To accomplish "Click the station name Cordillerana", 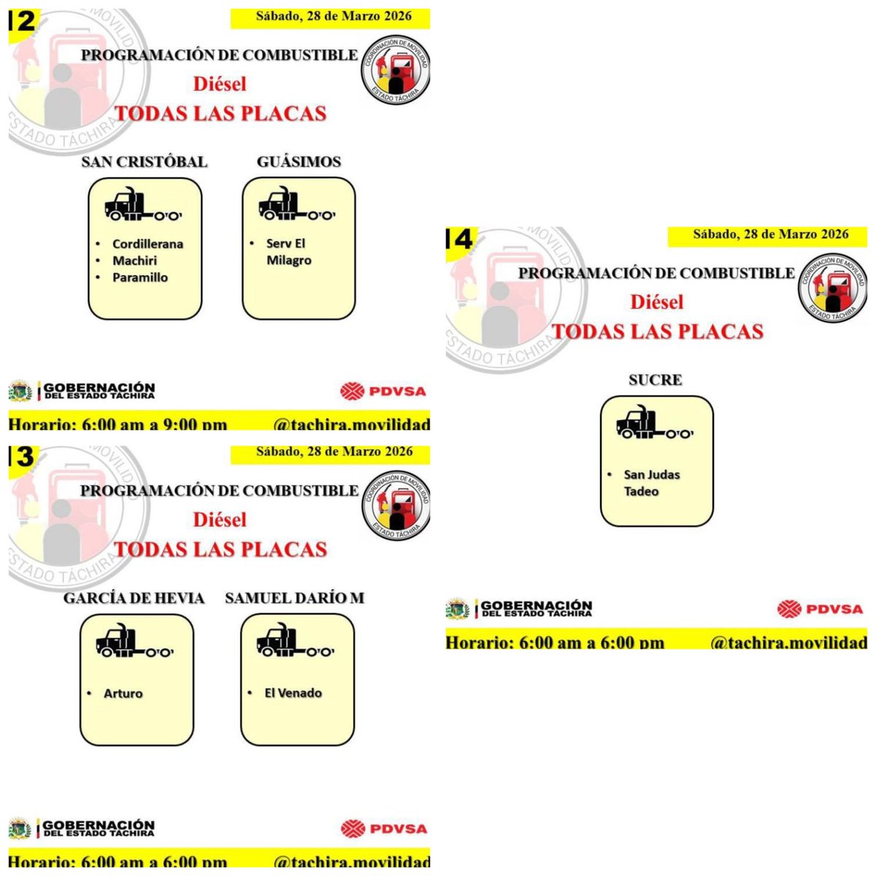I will coord(147,244).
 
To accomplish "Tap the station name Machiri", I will coord(134,261).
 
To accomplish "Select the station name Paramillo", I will coord(140,277).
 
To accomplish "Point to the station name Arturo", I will coord(123,693).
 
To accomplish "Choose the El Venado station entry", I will coord(293,693).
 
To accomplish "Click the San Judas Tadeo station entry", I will coord(651,483).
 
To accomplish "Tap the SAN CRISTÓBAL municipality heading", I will coord(145,161).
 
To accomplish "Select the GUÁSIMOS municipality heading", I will coord(299,161).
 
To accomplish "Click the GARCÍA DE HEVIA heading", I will coord(134,598).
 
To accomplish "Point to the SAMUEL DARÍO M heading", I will coord(295,598).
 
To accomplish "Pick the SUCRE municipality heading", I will coord(656,380).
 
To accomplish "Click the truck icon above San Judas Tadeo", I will coord(655,423).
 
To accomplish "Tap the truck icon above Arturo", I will coord(135,642).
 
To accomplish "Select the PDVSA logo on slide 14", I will coord(820,608).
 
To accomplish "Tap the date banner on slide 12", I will coord(331,17).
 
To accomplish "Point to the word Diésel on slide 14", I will coord(657,301).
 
